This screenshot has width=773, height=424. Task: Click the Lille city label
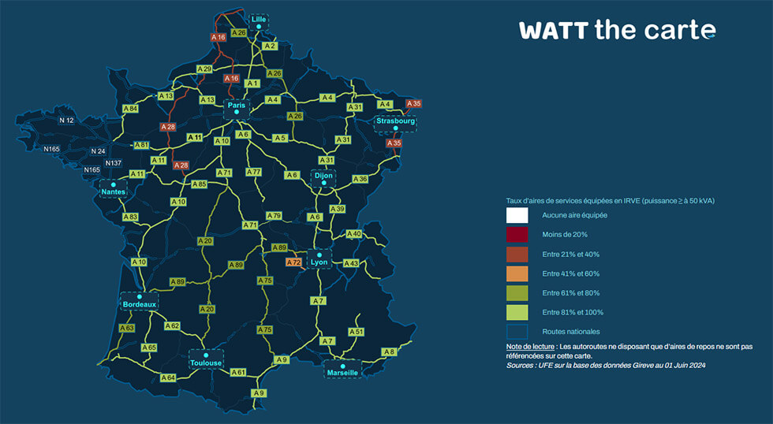click(258, 19)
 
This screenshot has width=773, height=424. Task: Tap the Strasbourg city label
click(395, 121)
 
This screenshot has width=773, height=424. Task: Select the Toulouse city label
click(206, 363)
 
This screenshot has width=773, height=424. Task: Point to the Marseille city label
click(342, 372)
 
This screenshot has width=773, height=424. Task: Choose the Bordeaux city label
click(140, 303)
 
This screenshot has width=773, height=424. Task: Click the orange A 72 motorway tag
click(293, 262)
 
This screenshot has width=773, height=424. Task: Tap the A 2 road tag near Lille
click(270, 46)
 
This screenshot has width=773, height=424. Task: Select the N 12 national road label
click(67, 121)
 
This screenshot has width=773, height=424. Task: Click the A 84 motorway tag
click(130, 108)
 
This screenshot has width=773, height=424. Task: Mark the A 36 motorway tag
click(360, 180)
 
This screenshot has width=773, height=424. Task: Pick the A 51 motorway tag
click(357, 332)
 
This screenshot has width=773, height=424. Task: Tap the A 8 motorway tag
click(389, 351)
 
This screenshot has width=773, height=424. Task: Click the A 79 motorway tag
click(274, 215)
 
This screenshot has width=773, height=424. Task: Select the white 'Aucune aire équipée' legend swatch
click(517, 215)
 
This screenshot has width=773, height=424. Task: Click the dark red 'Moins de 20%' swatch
click(517, 235)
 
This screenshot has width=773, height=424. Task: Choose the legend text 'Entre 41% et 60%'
click(569, 273)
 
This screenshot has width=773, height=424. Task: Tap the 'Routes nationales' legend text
click(571, 332)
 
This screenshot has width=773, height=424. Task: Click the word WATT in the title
click(553, 31)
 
